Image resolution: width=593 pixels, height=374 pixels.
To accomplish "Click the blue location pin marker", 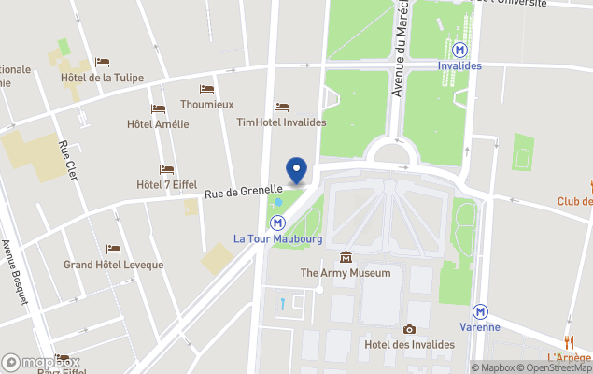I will coord(296,170).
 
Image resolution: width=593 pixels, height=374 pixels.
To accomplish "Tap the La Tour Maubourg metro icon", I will coord(278,223).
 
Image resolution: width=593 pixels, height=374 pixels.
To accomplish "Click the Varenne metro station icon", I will coord(480,310).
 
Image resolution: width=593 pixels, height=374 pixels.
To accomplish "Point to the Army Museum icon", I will coord(346,257).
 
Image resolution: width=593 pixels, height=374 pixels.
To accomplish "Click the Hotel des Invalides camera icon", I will coord(409,329).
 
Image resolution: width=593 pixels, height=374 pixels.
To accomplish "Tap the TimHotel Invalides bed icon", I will coord(281,108).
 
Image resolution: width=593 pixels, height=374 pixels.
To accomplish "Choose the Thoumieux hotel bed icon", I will coord(206,90).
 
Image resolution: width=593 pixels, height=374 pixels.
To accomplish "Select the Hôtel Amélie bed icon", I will coord(158,109).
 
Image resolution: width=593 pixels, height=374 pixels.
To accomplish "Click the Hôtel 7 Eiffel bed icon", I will coord(166,170).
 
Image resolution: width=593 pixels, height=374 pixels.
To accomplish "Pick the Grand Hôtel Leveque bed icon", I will coord(113,250).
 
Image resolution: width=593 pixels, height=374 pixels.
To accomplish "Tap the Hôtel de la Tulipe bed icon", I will coord(101,62).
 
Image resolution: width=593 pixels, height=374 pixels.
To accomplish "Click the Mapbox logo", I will coord(41,362).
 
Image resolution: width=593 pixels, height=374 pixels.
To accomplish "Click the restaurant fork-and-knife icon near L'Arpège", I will coord(569,342).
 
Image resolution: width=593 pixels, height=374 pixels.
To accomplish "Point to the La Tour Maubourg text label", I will coord(277,239).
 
